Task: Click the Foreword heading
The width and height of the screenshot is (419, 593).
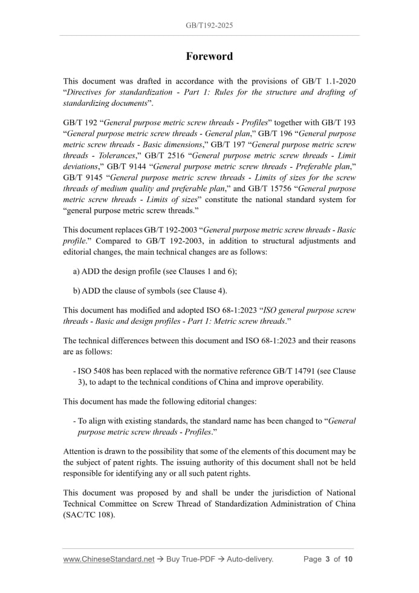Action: click(x=209, y=56)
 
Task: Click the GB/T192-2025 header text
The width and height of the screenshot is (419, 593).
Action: click(x=209, y=25)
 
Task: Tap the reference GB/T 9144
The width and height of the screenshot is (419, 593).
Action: click(x=130, y=166)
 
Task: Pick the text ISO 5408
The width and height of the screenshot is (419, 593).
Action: click(x=96, y=371)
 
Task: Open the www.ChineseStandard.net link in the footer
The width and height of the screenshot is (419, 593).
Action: click(x=109, y=559)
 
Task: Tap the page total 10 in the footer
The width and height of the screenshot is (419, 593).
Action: click(x=348, y=559)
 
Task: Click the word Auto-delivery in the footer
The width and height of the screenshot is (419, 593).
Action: click(x=250, y=559)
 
